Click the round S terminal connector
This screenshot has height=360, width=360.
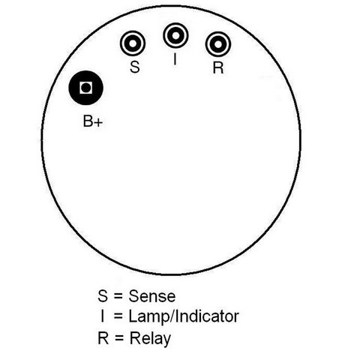coord(133,43)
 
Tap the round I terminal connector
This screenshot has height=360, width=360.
coord(175,35)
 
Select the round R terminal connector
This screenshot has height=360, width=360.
coord(218,44)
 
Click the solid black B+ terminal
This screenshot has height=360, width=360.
coord(86,88)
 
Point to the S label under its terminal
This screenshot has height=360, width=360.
coord(135,67)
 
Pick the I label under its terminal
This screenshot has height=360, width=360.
coord(175,59)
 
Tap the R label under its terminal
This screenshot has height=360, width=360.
coord(218,67)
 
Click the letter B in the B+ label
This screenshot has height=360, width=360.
coord(88,121)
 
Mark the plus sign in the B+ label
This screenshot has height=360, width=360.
coord(98,122)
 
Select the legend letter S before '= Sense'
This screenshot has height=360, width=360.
coord(103,295)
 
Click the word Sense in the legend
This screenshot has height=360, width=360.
coord(152,296)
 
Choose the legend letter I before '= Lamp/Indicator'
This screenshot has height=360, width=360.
coord(102,316)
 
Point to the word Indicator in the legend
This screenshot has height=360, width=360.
coord(207,316)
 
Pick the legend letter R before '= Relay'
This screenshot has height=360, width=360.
coord(103,338)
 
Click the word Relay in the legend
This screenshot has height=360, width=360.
coord(150,340)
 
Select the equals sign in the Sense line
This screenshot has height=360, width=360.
coord(118,296)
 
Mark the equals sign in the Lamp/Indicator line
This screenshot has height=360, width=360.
coord(118,316)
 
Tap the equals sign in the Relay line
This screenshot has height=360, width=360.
coord(119,338)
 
